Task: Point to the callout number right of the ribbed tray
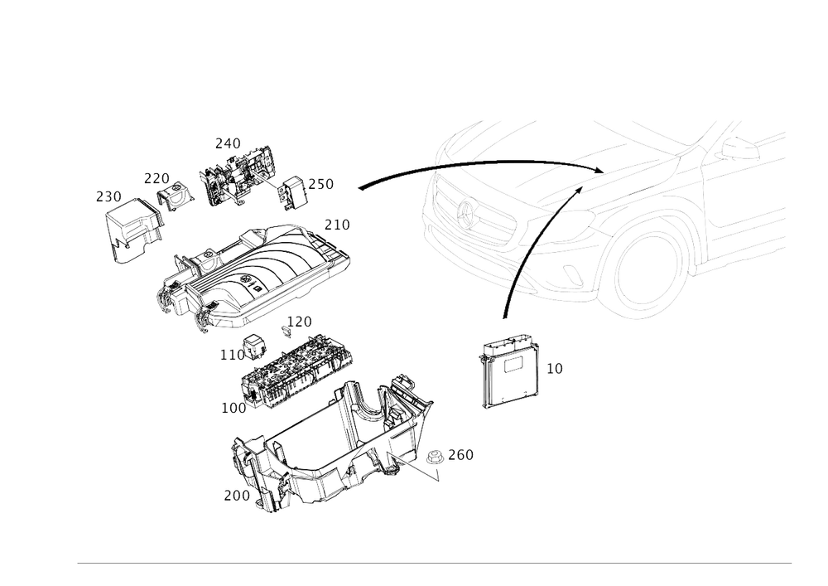(336, 224)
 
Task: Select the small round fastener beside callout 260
(434, 459)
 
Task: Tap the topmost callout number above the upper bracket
(228, 143)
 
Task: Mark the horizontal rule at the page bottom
(435, 563)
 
